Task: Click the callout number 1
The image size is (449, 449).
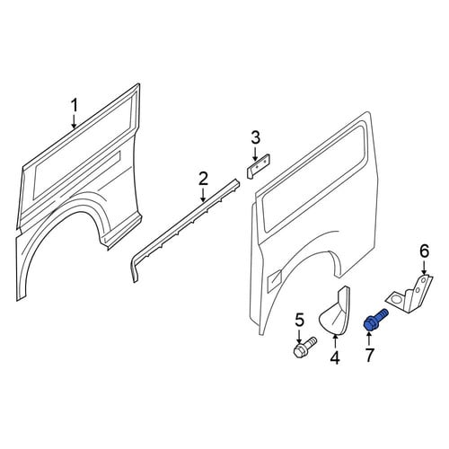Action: click(74, 105)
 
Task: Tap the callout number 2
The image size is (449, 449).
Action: click(203, 179)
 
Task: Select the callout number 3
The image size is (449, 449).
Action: click(255, 138)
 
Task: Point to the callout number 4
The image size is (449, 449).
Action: click(335, 357)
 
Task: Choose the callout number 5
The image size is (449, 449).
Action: click(300, 320)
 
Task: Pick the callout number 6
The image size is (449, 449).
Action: click(425, 251)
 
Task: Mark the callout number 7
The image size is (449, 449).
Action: click(369, 356)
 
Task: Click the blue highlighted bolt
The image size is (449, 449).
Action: click(374, 320)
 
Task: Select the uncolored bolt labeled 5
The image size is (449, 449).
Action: click(304, 348)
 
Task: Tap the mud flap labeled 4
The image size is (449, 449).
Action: click(335, 312)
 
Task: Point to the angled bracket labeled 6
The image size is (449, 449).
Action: click(409, 295)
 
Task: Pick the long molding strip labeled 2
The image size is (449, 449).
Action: click(186, 226)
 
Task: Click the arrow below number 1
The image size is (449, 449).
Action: click(74, 121)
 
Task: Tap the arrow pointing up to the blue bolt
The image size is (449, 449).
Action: click(369, 339)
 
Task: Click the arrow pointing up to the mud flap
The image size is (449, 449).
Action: click(335, 341)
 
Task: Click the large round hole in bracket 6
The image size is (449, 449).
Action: click(395, 299)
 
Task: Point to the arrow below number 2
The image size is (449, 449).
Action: click(203, 195)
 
